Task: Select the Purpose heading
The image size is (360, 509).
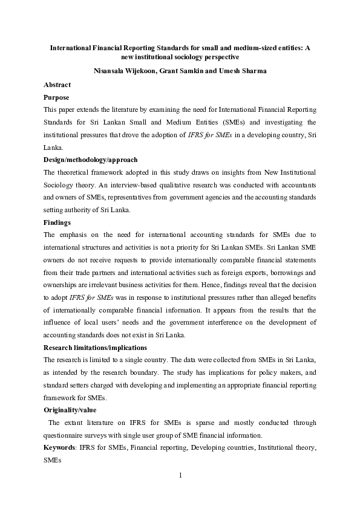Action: [x=57, y=97]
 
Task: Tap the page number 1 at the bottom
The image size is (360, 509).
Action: [x=180, y=475]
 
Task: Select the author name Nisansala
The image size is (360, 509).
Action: [x=111, y=70]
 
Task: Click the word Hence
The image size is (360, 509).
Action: [x=218, y=285]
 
